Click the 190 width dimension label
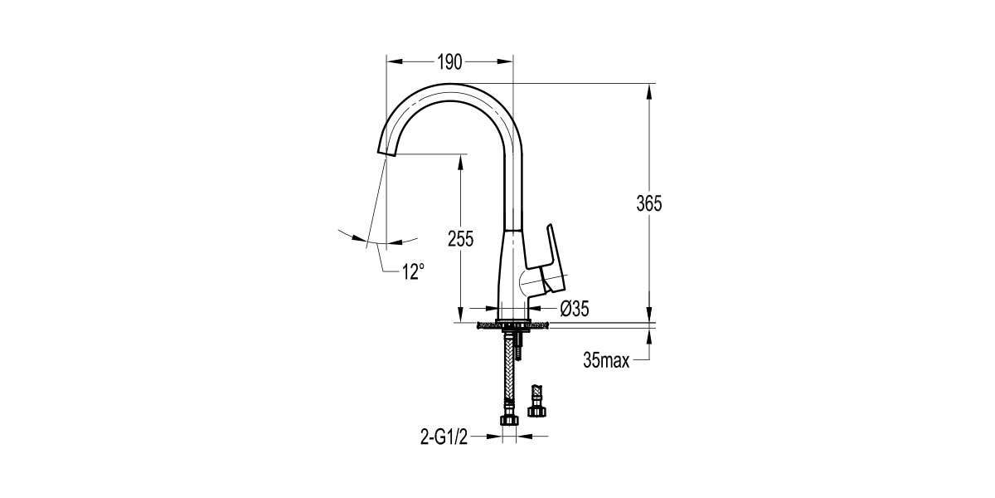tap(450, 62)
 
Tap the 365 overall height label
tap(649, 203)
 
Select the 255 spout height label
tap(461, 239)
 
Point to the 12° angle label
tap(413, 271)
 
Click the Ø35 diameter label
tap(575, 309)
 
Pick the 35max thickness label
tap(606, 360)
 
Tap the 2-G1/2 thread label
tap(444, 437)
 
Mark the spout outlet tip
tap(386, 154)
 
